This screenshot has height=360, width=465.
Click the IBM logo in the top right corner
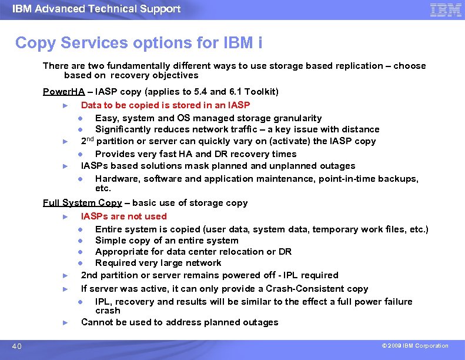[x=445, y=10]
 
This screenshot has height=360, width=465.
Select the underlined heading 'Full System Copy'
[x=82, y=203]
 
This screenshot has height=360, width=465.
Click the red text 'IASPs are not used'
[x=123, y=216]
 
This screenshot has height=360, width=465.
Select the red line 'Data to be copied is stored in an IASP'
[x=165, y=105]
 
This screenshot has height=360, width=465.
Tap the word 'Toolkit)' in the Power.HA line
[x=262, y=92]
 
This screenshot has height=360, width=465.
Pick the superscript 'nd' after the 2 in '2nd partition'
[x=90, y=139]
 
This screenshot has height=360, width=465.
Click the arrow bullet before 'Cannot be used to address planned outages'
[x=65, y=323]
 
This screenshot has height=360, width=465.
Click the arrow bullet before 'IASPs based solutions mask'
[x=65, y=166]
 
